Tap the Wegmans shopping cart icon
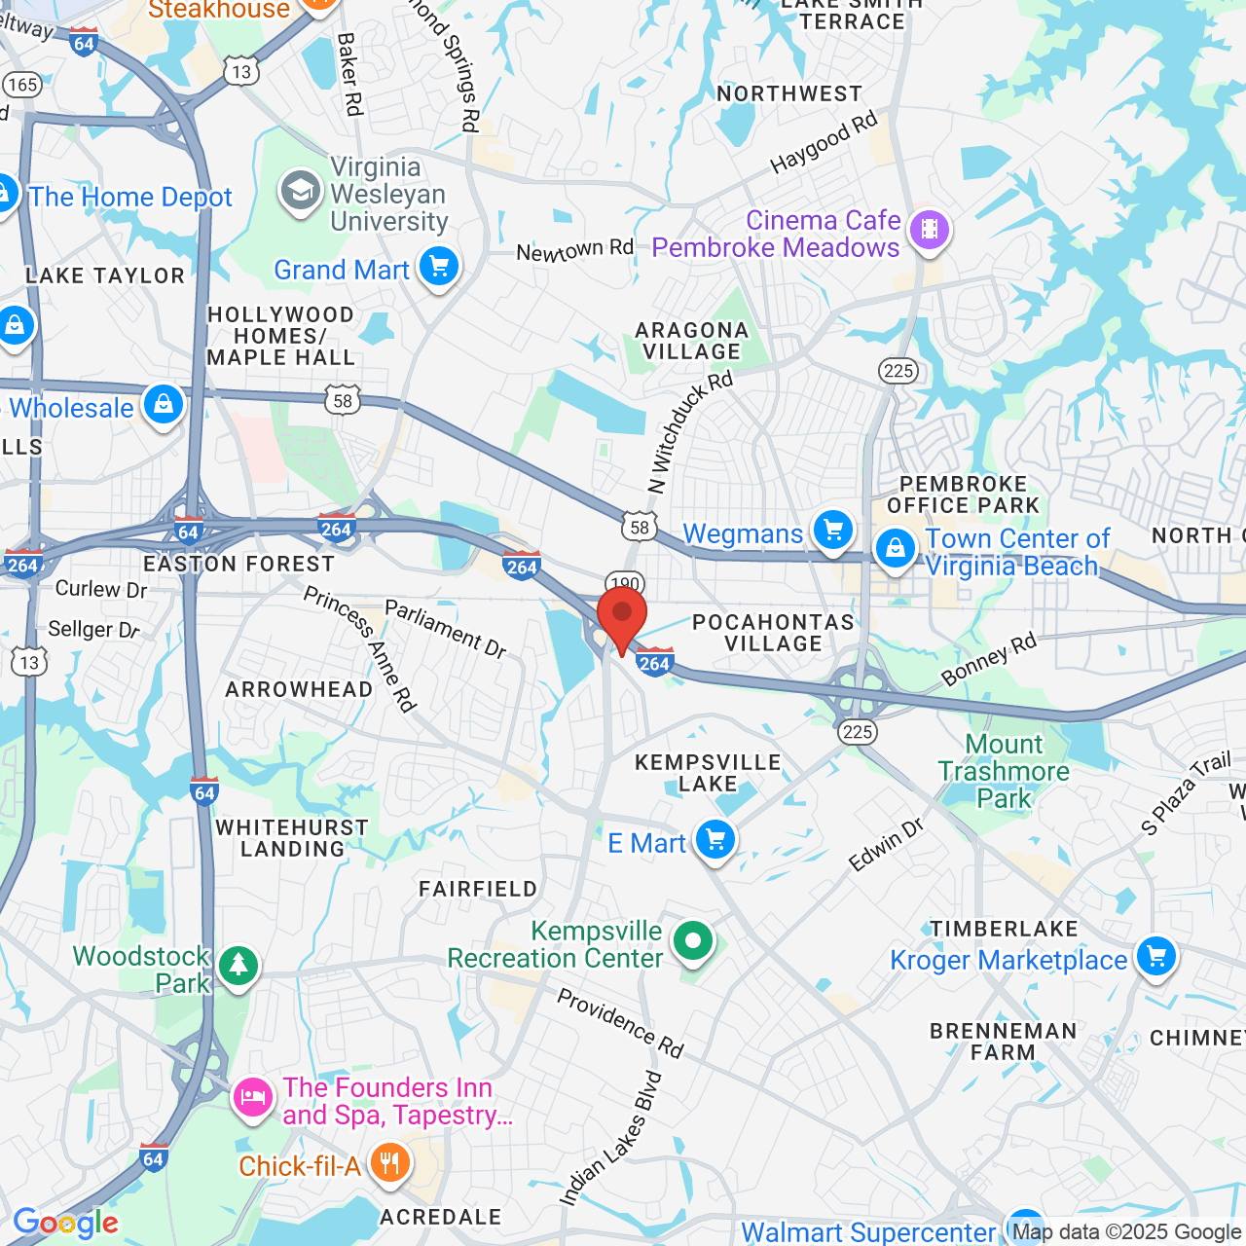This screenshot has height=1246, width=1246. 833,531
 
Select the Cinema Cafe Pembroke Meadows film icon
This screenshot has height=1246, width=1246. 930,230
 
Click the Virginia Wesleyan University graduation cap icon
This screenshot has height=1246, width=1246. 301,191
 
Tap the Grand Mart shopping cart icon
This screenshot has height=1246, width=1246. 439,265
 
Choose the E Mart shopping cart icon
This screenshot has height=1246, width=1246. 715,838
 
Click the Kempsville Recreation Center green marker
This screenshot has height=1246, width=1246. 693,941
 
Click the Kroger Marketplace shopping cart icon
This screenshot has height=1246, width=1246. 1156,956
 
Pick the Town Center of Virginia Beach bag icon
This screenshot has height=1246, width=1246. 896,548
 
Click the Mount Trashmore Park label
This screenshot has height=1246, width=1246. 1004,771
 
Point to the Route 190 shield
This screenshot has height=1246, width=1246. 625,584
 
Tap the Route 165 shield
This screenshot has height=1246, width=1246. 21,85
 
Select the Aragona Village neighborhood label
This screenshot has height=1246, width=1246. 692,341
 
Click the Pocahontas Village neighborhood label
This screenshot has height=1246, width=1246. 773,633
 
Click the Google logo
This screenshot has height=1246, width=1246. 66,1223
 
